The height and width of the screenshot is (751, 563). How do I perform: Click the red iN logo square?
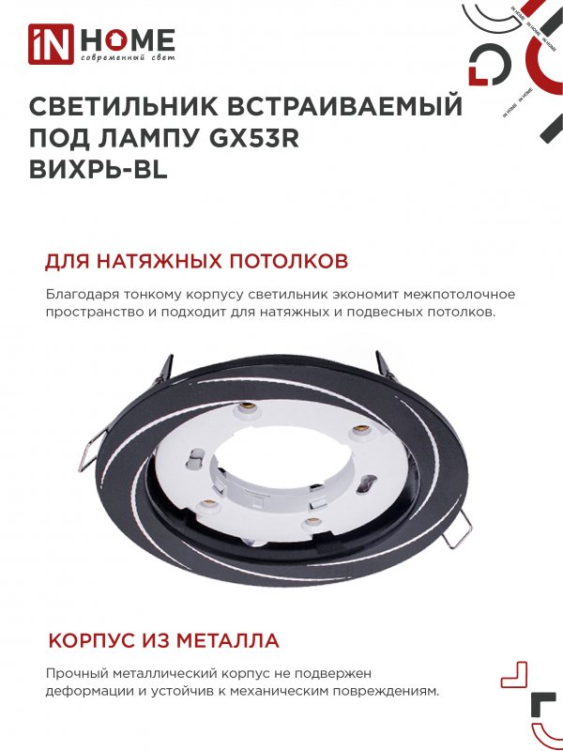point(52,44)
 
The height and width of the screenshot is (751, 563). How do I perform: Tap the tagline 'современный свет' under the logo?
point(128,58)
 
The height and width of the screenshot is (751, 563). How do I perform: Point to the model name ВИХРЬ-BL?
point(99,170)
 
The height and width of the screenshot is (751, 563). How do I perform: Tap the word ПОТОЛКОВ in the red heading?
point(289,262)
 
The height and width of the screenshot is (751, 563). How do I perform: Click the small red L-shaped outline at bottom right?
point(514,674)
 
